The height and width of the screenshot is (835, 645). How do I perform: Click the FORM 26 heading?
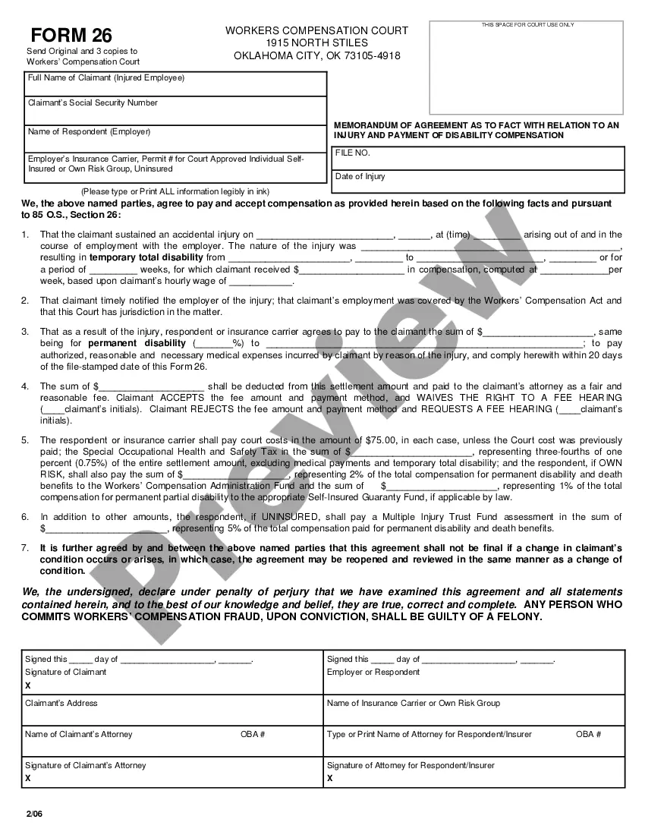tap(71, 36)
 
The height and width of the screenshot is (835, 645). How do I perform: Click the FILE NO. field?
tap(479, 159)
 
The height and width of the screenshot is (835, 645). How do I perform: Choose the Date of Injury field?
tap(479, 181)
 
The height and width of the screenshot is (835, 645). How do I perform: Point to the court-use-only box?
tap(527, 68)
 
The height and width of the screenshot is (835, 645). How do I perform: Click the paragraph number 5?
tap(25, 440)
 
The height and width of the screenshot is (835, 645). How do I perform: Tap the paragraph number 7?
tap(25, 548)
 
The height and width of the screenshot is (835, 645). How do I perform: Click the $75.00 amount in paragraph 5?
tap(382, 440)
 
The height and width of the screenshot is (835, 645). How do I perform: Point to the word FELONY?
tap(518, 616)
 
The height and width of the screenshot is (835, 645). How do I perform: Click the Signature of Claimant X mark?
tap(28, 685)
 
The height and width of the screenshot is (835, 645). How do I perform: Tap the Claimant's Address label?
tap(61, 703)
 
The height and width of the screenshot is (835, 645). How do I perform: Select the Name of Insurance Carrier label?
tap(414, 703)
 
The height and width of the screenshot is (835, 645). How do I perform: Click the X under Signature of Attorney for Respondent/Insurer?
tap(330, 779)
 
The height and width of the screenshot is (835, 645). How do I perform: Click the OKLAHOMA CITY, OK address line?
tap(317, 55)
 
